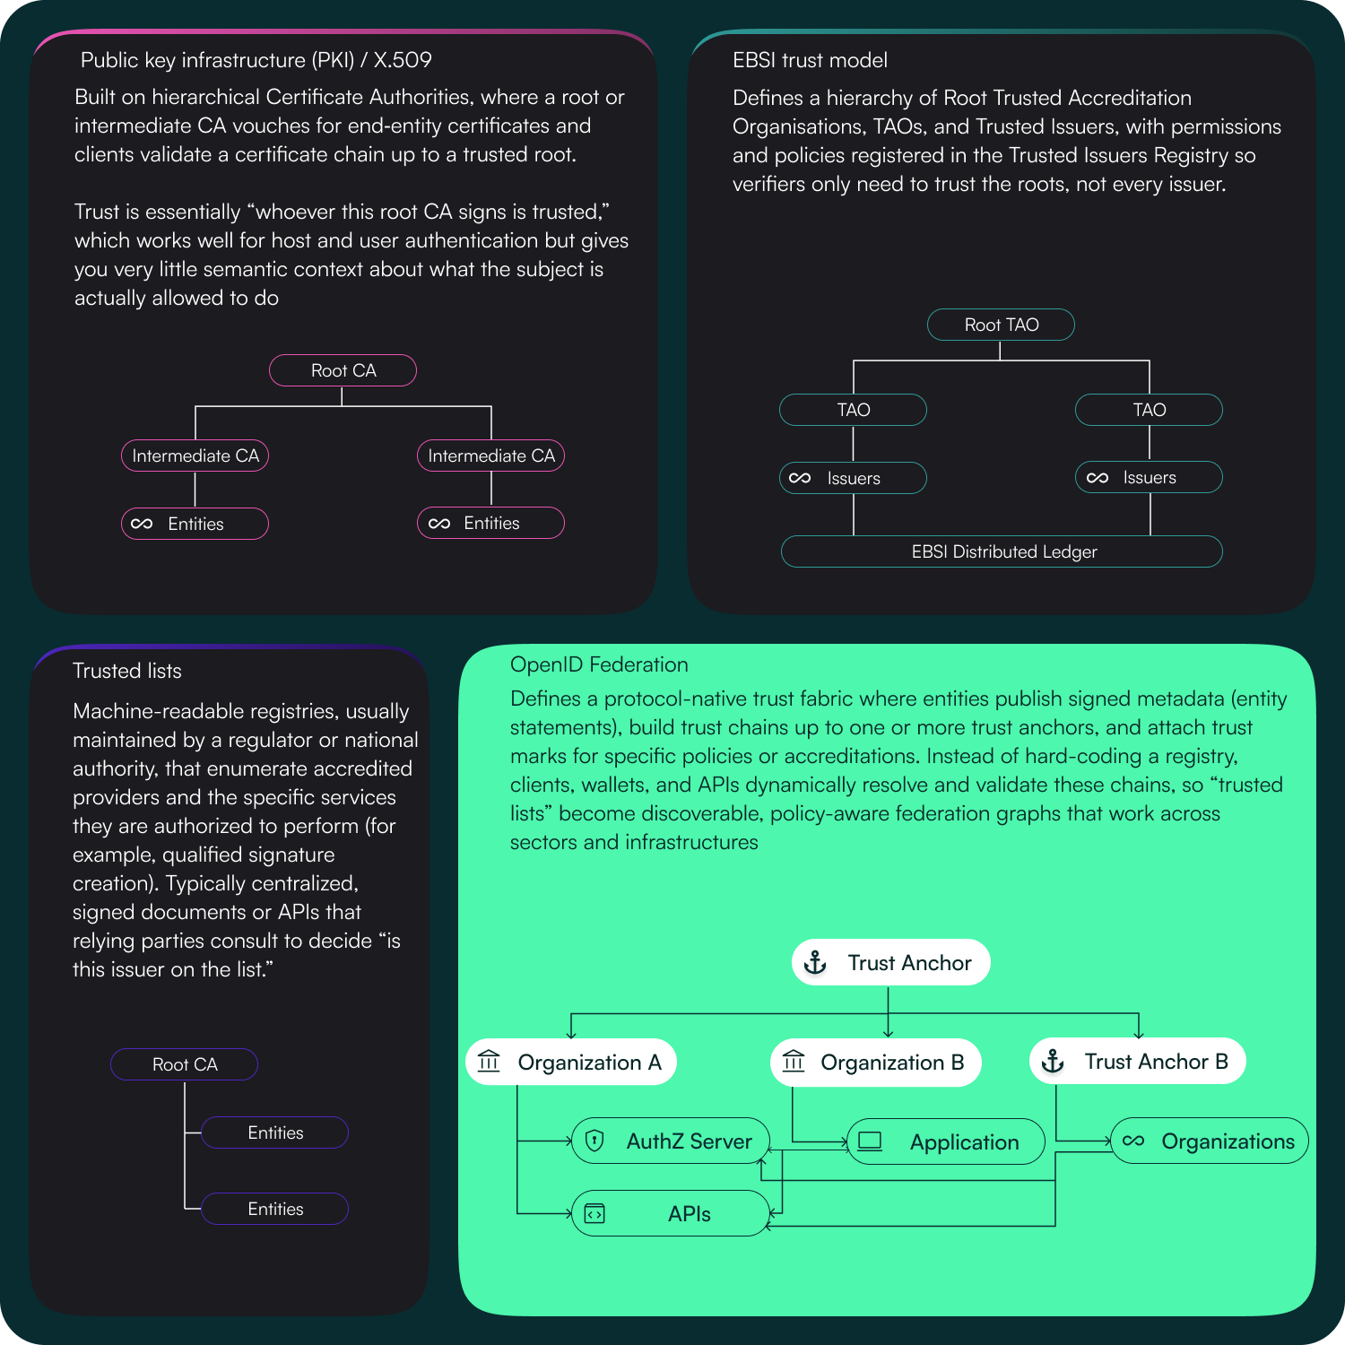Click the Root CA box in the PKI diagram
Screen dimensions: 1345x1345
[343, 370]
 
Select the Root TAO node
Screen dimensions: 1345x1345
[1001, 325]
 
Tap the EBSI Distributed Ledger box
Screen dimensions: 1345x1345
[1002, 551]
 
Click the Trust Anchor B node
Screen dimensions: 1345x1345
[1138, 1062]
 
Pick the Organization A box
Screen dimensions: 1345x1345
[571, 1063]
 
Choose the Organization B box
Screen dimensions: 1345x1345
[875, 1063]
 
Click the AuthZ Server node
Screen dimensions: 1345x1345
[671, 1141]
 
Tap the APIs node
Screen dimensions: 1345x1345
[671, 1214]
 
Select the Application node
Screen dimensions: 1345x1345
[946, 1142]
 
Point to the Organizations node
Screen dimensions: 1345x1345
[1210, 1141]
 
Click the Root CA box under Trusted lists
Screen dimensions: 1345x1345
[184, 1064]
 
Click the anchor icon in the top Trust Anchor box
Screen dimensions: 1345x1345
[815, 963]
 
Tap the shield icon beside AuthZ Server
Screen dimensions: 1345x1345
[594, 1141]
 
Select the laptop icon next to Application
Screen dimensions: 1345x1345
[870, 1141]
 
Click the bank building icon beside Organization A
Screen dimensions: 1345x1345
[489, 1062]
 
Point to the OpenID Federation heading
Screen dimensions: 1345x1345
[599, 664]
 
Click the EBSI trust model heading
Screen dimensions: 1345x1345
[810, 60]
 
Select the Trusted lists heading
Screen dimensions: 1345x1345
[127, 671]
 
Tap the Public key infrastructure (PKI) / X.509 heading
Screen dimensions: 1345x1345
[256, 60]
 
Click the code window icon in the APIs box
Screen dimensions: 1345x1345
[594, 1214]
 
